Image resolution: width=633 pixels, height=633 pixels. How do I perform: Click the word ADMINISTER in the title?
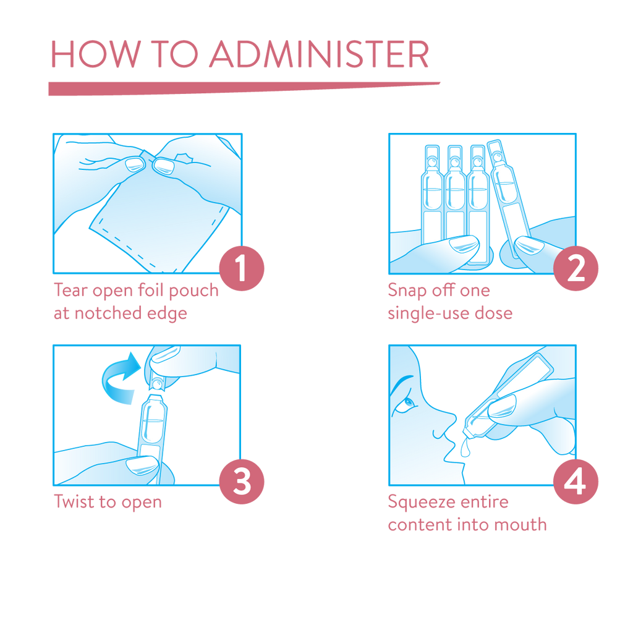(319, 54)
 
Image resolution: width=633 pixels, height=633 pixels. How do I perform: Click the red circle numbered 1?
(242, 268)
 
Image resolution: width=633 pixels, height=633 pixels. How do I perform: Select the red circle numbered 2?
(576, 268)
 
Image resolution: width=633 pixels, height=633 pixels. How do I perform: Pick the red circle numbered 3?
(242, 481)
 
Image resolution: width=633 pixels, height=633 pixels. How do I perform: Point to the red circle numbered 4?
(576, 481)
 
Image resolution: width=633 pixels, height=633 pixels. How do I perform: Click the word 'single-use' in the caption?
(428, 313)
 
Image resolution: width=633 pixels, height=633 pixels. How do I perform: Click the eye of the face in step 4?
(409, 403)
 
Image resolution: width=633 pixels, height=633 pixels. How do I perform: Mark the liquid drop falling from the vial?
(465, 449)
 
